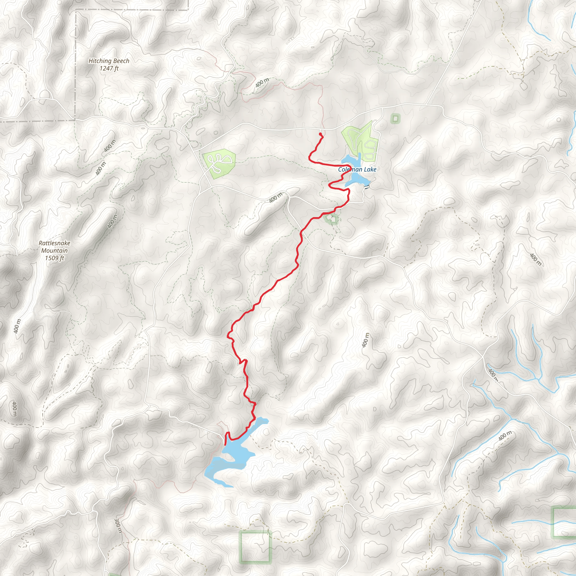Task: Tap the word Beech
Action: pyautogui.click(x=121, y=61)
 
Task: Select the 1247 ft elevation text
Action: pyautogui.click(x=109, y=68)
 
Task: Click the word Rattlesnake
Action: pyautogui.click(x=54, y=243)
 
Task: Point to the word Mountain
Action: pyautogui.click(x=54, y=250)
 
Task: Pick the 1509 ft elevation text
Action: pyautogui.click(x=54, y=258)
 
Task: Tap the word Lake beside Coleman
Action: pyautogui.click(x=370, y=170)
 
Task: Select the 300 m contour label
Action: pyautogui.click(x=118, y=525)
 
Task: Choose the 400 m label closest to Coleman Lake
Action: pyautogui.click(x=276, y=198)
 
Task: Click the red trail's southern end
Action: pyautogui.click(x=224, y=445)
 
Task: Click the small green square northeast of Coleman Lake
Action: pyautogui.click(x=395, y=119)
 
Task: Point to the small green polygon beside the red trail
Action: pyautogui.click(x=331, y=219)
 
